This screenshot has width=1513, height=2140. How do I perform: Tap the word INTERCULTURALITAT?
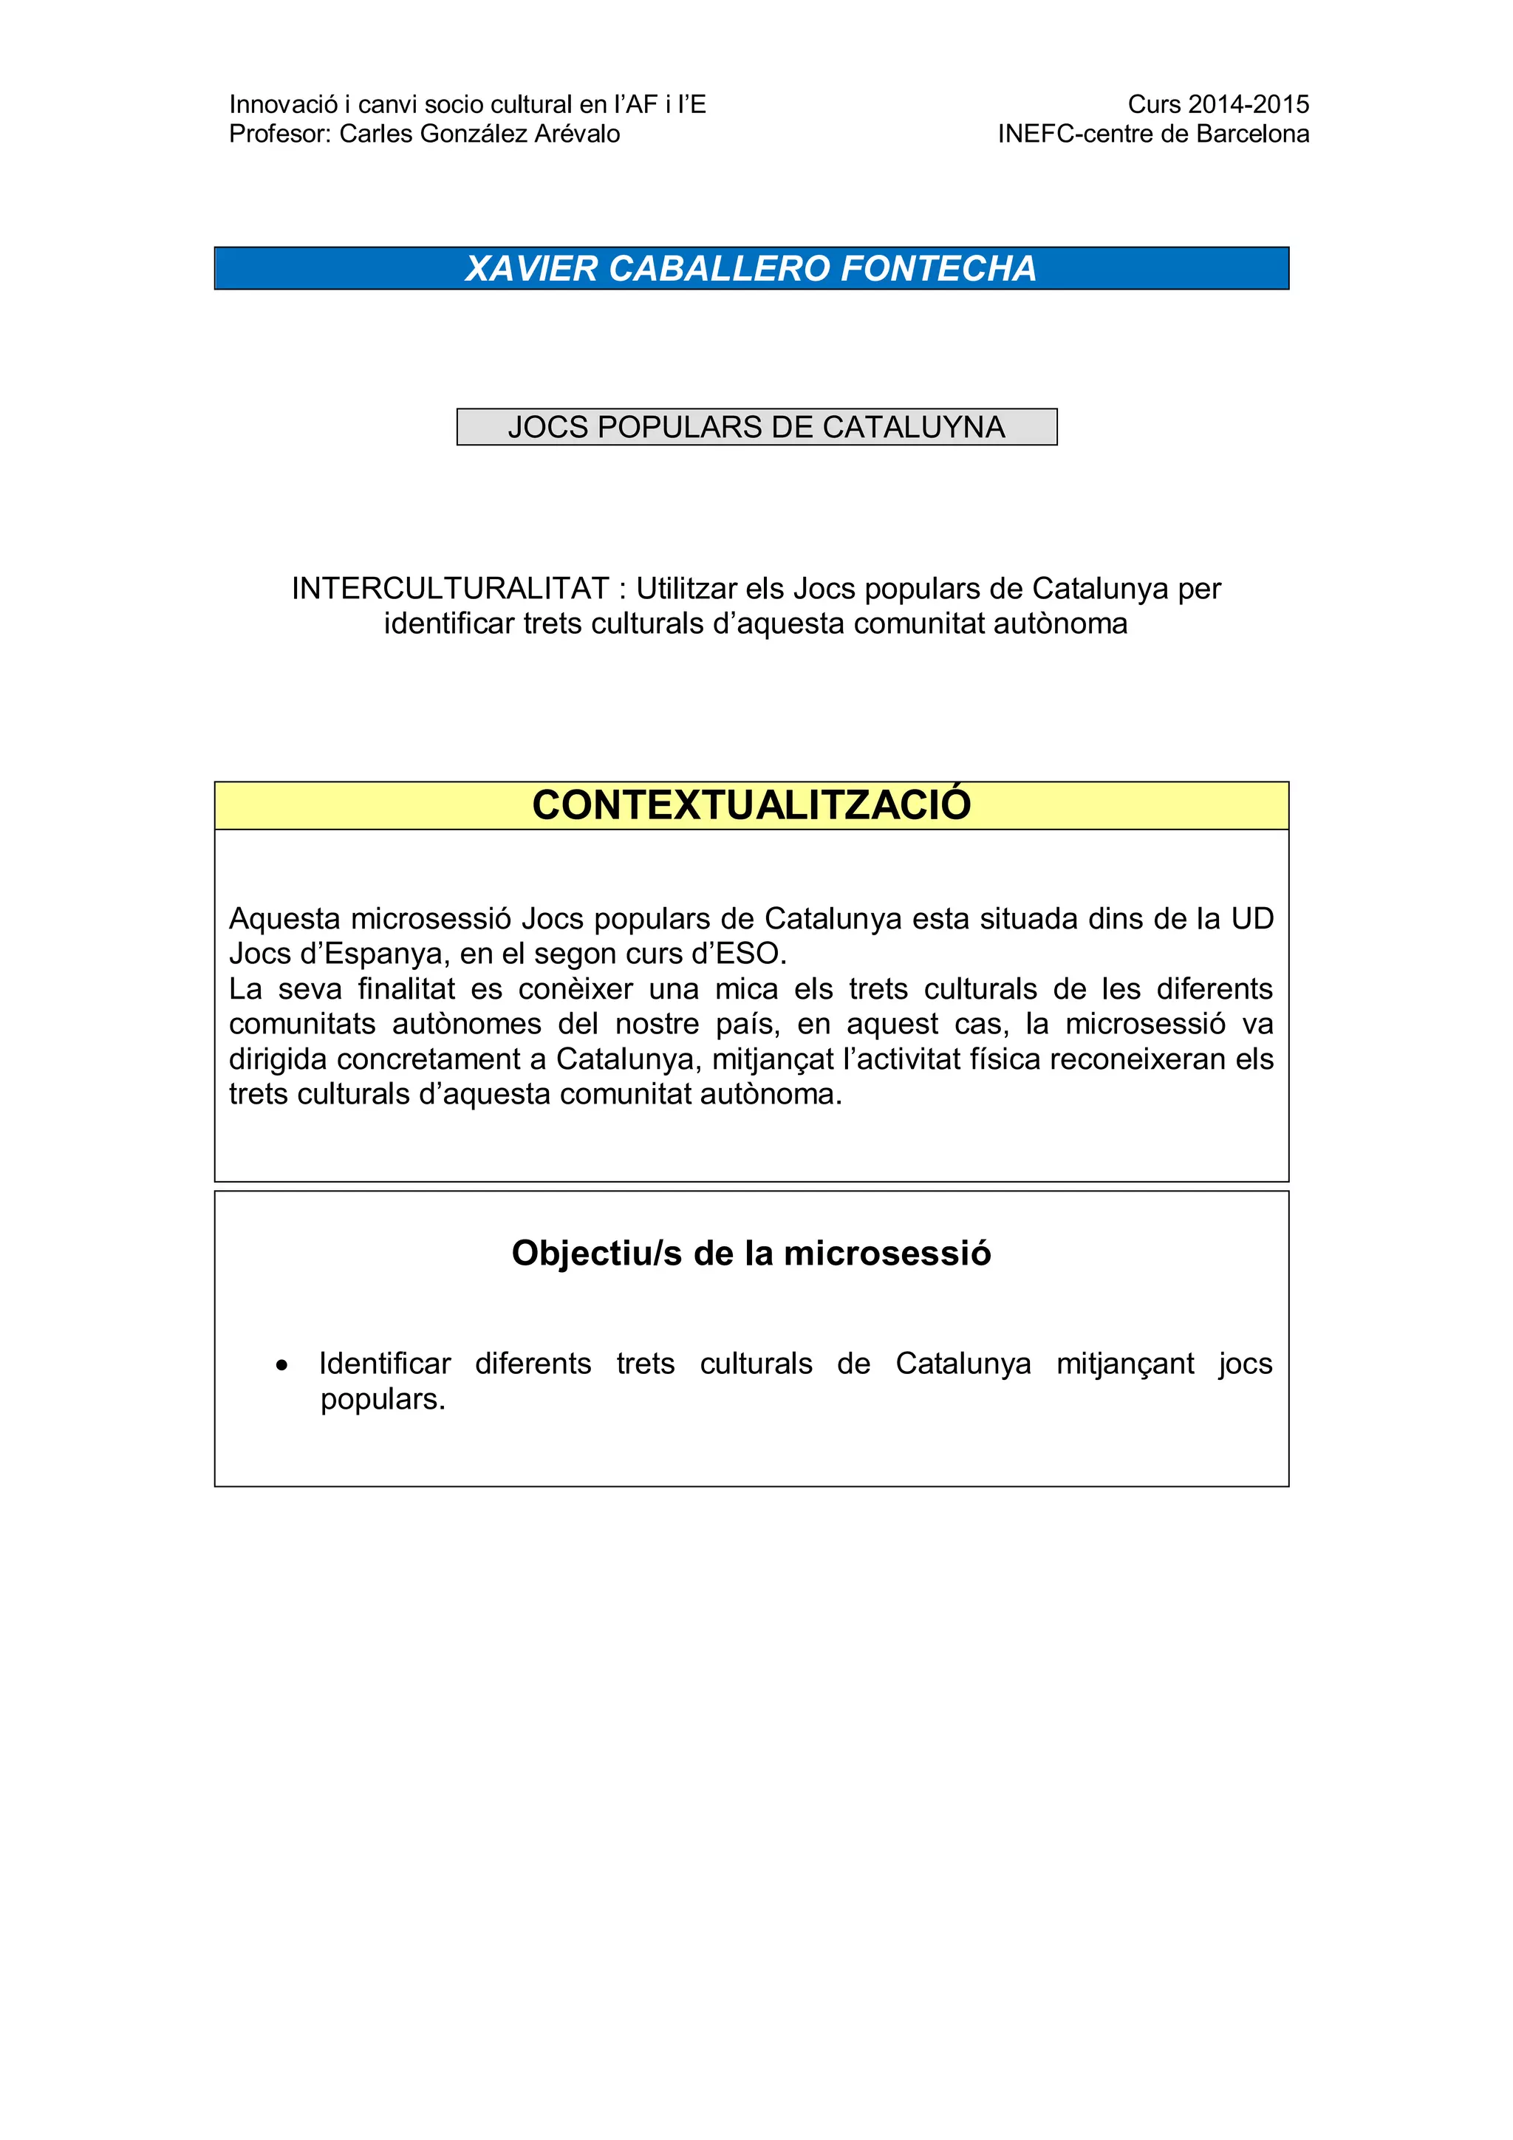coord(450,589)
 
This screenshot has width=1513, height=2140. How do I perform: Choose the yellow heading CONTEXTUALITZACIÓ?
coord(751,805)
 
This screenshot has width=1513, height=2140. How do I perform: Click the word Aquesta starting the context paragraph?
coord(285,919)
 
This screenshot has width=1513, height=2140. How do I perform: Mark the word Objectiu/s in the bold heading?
coord(597,1254)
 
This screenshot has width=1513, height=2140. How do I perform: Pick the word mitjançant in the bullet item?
coord(1124,1364)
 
